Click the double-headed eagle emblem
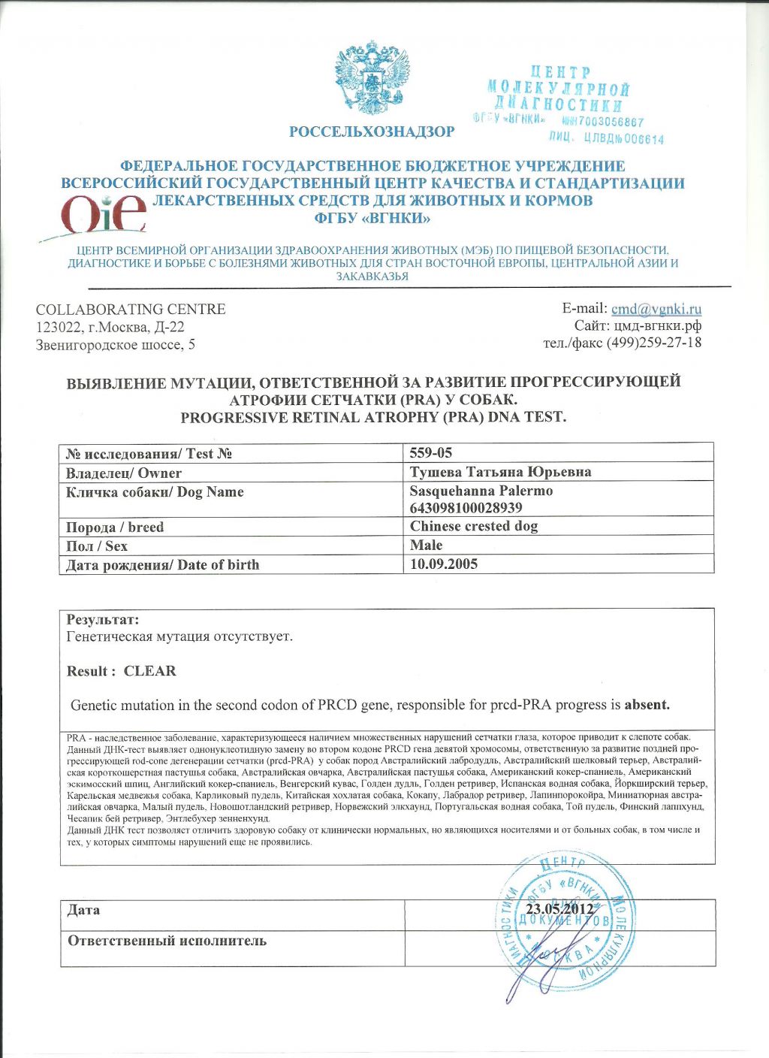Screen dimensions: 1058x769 (370, 79)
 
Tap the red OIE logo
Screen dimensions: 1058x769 (104, 213)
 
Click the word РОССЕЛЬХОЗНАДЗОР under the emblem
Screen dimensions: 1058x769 (372, 132)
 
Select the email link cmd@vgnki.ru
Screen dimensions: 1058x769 (656, 309)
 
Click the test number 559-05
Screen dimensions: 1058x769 (431, 452)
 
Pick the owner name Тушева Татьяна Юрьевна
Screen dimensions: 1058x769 (500, 472)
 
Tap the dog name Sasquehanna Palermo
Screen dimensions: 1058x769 (481, 491)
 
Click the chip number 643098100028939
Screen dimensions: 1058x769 (466, 508)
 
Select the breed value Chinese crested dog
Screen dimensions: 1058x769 (474, 526)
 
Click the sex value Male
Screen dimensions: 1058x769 (426, 545)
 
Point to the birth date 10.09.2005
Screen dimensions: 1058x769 (444, 564)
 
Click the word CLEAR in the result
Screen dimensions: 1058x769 (150, 671)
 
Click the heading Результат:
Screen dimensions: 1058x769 (103, 620)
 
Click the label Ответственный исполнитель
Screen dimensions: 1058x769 (167, 941)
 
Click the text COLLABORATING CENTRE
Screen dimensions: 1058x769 (131, 310)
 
